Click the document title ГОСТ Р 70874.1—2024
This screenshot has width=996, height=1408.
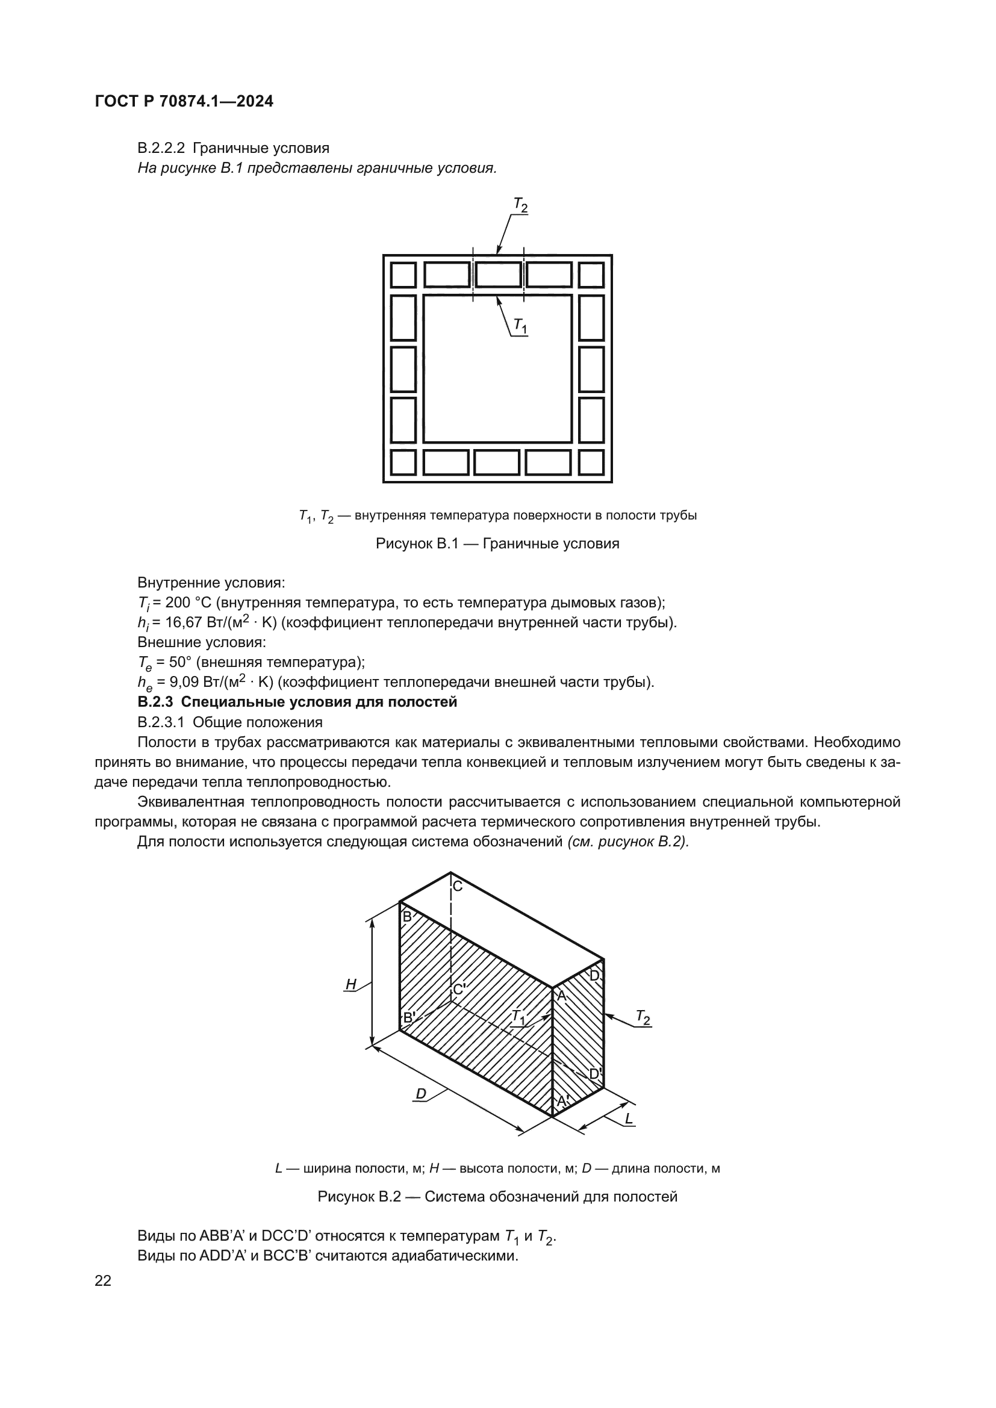184,101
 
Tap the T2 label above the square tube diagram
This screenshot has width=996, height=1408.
520,205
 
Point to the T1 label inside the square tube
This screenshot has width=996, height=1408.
520,326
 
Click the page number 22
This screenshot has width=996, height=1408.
103,1280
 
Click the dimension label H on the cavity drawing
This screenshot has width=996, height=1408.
351,985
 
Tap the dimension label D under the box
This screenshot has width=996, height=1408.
421,1094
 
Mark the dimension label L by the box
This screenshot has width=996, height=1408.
629,1118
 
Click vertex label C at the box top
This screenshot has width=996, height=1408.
458,886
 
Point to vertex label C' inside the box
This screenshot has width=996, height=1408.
459,990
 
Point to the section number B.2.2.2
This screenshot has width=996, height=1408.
161,149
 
